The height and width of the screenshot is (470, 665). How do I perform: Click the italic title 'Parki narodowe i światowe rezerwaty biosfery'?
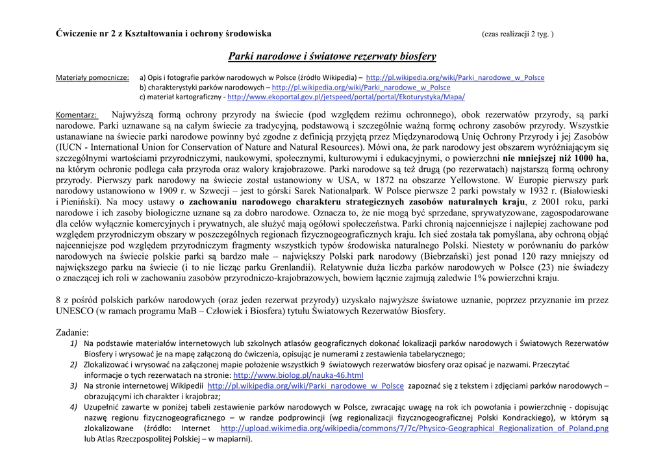click(332, 56)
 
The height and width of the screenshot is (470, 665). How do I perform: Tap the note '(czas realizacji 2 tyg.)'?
click(517, 34)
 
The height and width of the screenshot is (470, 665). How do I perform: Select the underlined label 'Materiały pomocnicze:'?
click(92, 78)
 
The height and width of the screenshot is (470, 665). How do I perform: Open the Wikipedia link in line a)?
click(455, 78)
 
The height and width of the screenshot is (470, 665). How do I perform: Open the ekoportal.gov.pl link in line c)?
click(345, 97)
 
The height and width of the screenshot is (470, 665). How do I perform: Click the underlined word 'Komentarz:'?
click(77, 116)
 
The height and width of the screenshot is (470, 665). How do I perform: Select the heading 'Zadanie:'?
click(76, 332)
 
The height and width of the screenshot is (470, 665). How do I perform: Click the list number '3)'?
click(74, 386)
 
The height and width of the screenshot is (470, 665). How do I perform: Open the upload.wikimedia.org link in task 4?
click(414, 428)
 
